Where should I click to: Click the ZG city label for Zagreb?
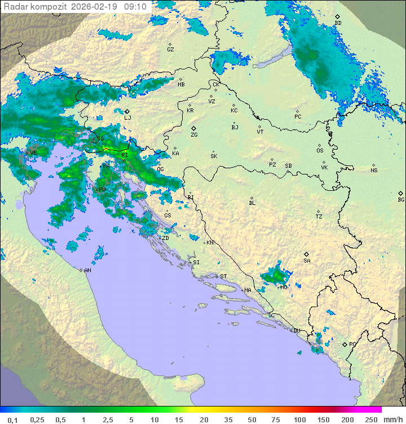point(194,135)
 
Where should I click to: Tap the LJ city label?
point(127,118)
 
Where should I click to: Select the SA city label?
point(307,261)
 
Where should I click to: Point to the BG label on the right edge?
point(401,200)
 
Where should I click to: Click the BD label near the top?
point(338,23)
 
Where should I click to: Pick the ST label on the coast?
point(223,277)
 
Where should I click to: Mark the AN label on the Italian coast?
point(87,271)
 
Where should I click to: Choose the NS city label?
point(374,171)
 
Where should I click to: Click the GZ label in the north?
point(170,50)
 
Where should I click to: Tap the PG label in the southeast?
point(352,344)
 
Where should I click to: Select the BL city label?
point(252,203)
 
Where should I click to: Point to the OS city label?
point(320,151)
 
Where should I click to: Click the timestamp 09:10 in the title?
point(135,7)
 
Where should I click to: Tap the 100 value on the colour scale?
point(299,419)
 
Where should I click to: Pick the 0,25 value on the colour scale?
point(38,419)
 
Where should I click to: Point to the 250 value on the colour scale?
point(371,419)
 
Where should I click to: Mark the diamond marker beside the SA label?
point(307,254)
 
